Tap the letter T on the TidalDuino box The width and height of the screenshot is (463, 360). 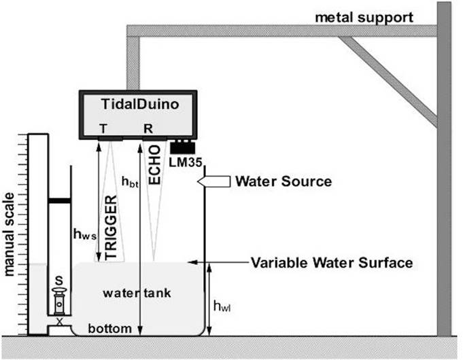(102, 128)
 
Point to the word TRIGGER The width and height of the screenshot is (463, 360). (112, 227)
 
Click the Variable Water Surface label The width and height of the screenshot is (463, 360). (332, 262)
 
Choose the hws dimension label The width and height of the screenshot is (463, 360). (84, 233)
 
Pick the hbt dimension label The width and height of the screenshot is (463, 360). (128, 181)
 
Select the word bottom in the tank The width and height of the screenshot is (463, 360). (109, 329)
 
